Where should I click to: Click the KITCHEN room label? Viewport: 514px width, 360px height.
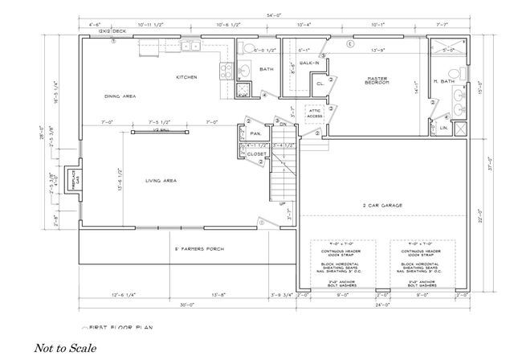[x=187, y=77]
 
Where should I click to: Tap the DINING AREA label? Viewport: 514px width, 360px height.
[x=120, y=96]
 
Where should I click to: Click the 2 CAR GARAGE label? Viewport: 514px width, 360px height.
[x=382, y=206]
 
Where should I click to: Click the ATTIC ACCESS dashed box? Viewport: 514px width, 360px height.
[x=315, y=113]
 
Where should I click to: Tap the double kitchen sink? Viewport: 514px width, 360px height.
[x=191, y=47]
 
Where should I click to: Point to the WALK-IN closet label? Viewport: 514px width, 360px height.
[x=309, y=62]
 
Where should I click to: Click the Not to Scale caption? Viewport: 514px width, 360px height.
[x=65, y=349]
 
